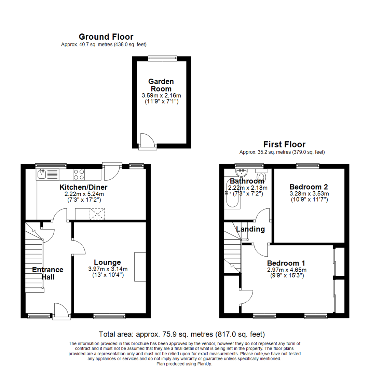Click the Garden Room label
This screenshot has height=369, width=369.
161,85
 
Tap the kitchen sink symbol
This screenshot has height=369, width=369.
42,175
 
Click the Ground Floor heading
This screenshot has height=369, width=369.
106,37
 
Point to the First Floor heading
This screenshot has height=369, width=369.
284,144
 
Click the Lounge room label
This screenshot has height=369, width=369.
108,262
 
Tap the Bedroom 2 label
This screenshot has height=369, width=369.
309,187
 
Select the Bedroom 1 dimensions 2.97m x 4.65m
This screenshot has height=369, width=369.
286,270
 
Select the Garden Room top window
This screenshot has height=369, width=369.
163,58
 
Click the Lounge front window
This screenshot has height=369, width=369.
109,316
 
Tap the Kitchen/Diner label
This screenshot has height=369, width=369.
84,187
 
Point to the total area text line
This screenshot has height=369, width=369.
182,334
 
